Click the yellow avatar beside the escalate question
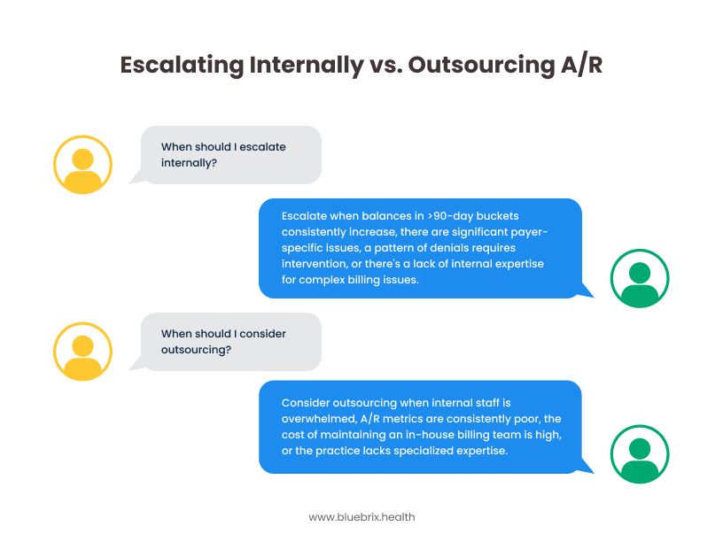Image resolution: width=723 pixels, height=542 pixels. pyautogui.click(x=83, y=165)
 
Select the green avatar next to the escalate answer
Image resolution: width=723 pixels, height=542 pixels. pyautogui.click(x=640, y=278)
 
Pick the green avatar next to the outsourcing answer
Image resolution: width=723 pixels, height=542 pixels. pyautogui.click(x=640, y=454)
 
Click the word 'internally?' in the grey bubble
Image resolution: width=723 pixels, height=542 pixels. pyautogui.click(x=190, y=163)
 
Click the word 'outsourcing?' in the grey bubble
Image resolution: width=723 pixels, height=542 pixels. pyautogui.click(x=197, y=350)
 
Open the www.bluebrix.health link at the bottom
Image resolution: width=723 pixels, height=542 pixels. pyautogui.click(x=361, y=516)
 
